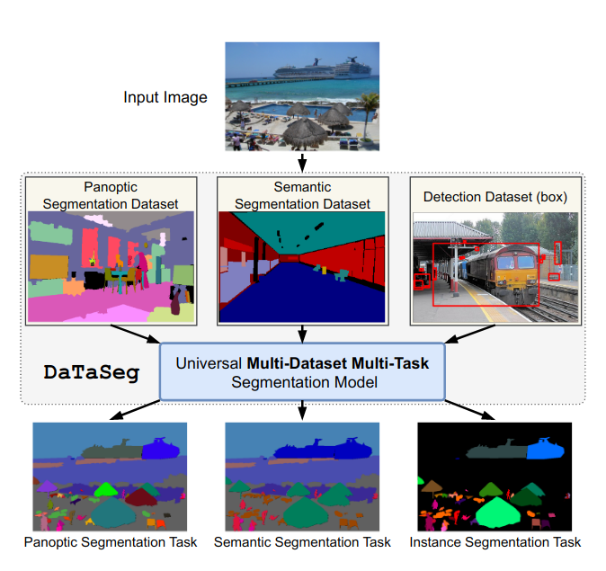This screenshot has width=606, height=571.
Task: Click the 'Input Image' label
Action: (165, 96)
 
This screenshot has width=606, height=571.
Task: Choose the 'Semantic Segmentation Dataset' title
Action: (302, 195)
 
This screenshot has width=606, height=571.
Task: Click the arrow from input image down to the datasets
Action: (303, 162)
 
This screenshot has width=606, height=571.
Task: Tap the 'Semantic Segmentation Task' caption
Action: (302, 542)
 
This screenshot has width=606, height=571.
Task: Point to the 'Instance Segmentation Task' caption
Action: (495, 542)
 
